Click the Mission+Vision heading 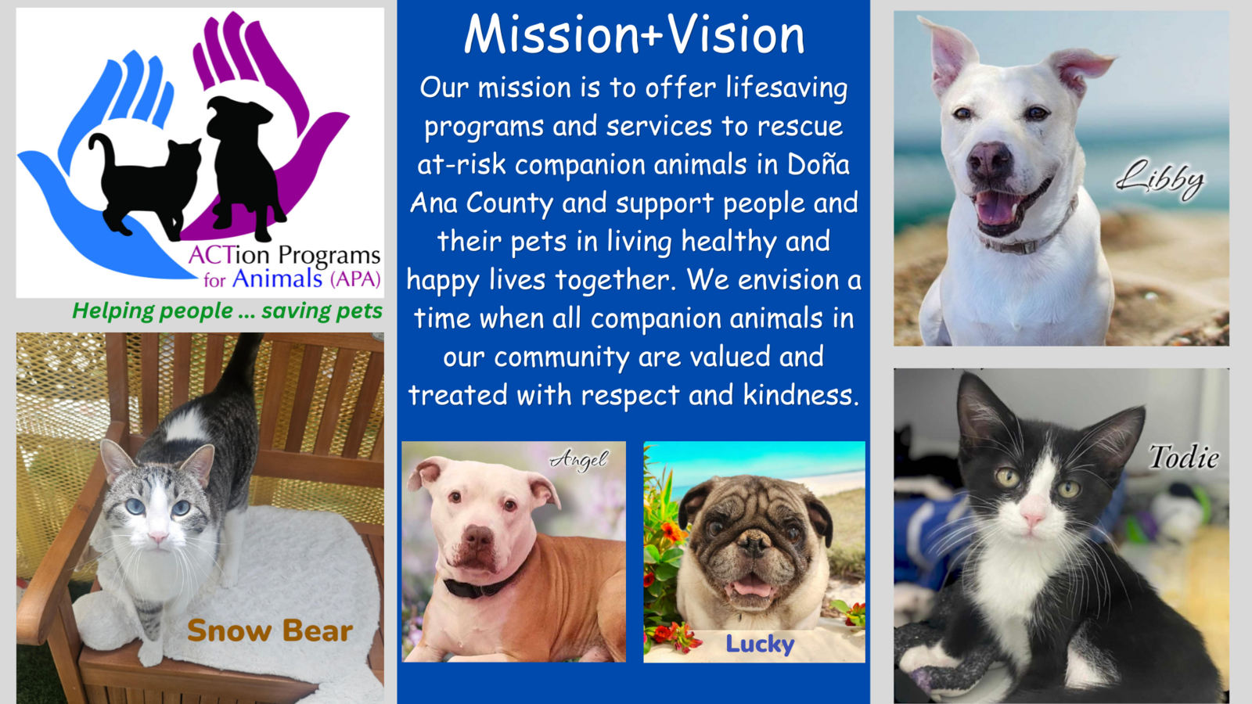634,34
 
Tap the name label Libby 1160,180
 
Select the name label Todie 1184,457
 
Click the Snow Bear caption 270,630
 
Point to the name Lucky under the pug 760,645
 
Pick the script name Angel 579,461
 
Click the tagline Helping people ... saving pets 227,311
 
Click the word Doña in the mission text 818,165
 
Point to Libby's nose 990,160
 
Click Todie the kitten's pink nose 1032,517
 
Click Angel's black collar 480,586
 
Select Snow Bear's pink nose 158,537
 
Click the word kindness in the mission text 800,395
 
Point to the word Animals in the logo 277,278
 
